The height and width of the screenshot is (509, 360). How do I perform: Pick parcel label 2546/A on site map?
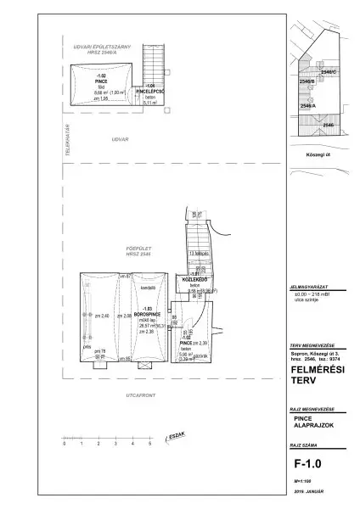click(307, 105)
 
